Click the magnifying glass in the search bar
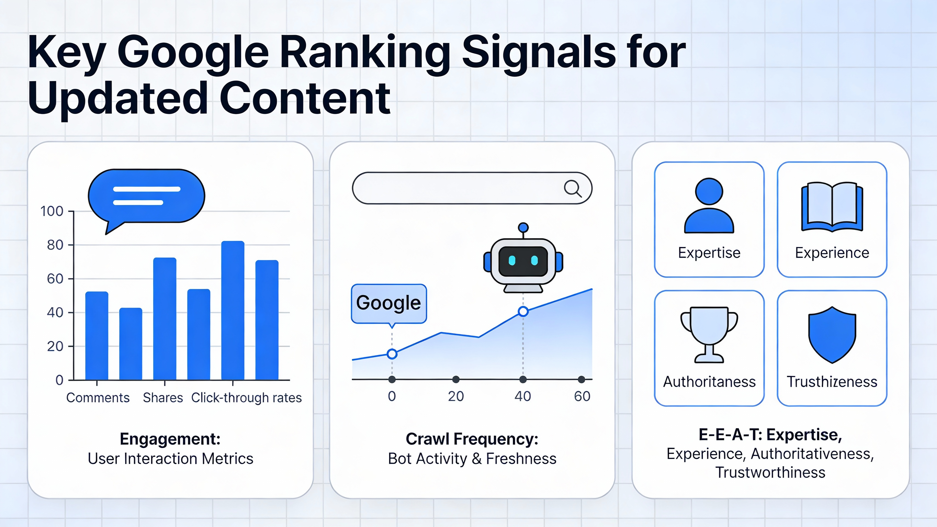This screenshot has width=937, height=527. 572,189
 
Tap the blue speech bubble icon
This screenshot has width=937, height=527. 146,197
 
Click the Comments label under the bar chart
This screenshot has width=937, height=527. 97,398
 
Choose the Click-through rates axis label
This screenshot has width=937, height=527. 246,398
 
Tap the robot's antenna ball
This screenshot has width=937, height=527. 523,228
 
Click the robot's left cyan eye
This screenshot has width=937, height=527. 512,260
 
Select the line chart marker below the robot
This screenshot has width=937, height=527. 523,312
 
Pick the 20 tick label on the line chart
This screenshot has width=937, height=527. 456,396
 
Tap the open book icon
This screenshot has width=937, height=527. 832,207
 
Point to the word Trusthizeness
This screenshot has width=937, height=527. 832,382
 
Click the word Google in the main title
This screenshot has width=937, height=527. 193,53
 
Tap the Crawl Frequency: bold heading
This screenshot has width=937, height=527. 472,439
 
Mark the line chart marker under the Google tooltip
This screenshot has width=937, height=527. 392,354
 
